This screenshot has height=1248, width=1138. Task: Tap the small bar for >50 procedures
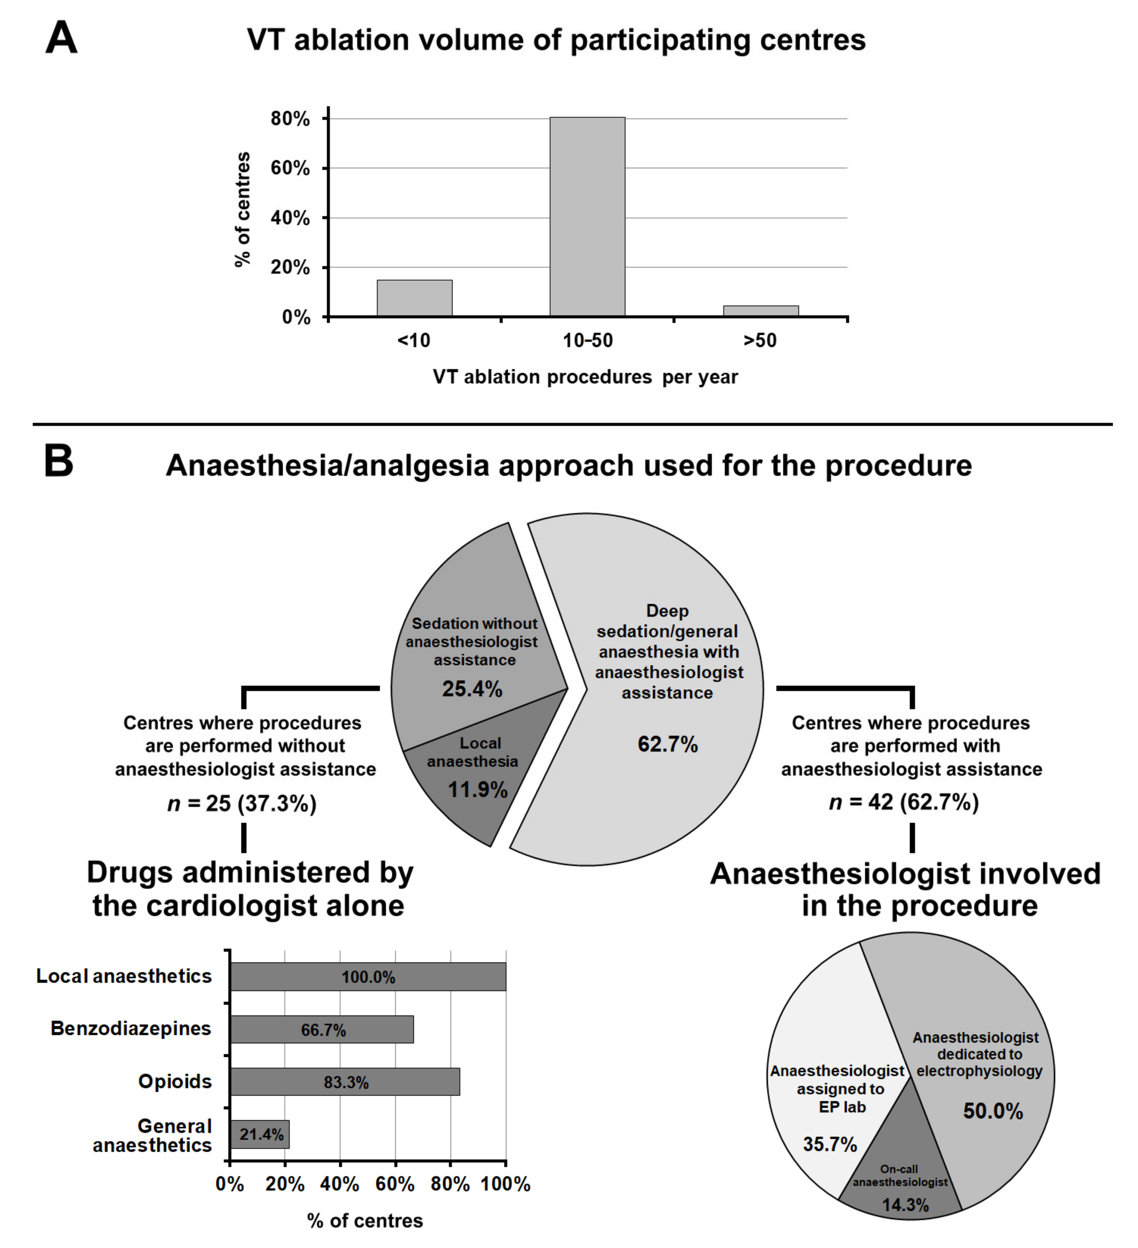(x=760, y=311)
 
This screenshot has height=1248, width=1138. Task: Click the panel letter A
(x=61, y=38)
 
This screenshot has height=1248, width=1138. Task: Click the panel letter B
(x=59, y=463)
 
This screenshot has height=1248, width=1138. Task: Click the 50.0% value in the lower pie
(x=992, y=1111)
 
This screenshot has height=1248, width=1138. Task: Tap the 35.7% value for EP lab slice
(x=830, y=1144)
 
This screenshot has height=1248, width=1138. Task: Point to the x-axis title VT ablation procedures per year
(x=585, y=377)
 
